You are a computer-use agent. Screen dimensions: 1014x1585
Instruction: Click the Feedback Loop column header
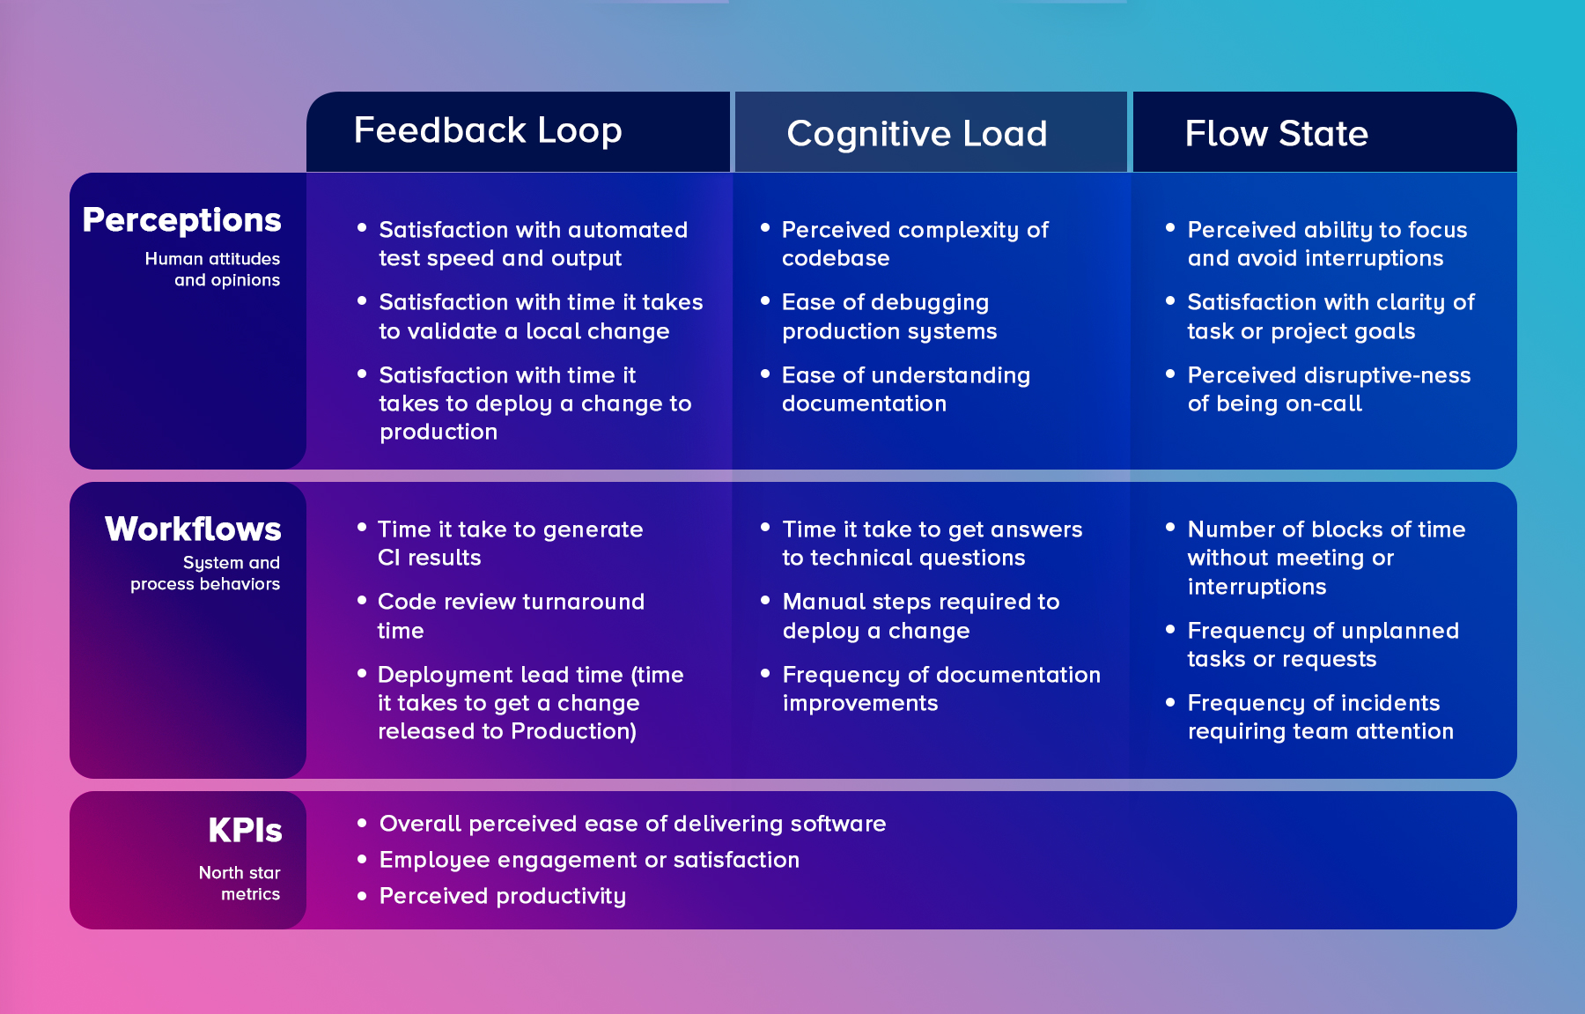(x=488, y=130)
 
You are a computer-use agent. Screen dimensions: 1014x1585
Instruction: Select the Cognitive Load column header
(x=917, y=134)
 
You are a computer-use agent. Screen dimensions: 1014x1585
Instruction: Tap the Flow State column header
(x=1276, y=134)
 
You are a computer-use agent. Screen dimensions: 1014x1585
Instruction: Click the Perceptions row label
(x=182, y=220)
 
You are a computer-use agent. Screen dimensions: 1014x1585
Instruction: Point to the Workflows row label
(x=193, y=529)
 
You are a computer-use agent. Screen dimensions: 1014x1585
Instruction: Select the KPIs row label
(x=245, y=831)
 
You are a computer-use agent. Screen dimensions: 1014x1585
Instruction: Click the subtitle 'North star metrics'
(x=240, y=884)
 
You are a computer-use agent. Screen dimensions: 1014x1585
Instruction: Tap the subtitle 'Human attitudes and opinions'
(x=213, y=270)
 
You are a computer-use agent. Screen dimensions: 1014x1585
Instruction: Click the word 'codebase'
(x=836, y=259)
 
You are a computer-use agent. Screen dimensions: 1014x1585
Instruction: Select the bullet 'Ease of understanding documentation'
(x=905, y=389)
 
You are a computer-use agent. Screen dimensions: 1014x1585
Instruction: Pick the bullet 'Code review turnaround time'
(x=511, y=616)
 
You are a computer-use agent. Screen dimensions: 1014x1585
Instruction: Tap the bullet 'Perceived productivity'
(x=502, y=896)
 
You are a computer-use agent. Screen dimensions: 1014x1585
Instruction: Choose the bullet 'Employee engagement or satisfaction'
(x=589, y=860)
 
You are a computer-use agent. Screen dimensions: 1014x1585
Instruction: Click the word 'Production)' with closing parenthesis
(x=573, y=732)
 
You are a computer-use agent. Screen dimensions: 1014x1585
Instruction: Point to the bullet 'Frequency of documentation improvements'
(x=940, y=689)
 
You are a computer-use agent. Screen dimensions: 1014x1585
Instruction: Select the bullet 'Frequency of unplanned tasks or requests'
(x=1323, y=645)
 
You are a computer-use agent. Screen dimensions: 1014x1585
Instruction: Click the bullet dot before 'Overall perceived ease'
(x=362, y=823)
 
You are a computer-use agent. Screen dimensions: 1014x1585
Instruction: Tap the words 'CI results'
(x=429, y=559)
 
